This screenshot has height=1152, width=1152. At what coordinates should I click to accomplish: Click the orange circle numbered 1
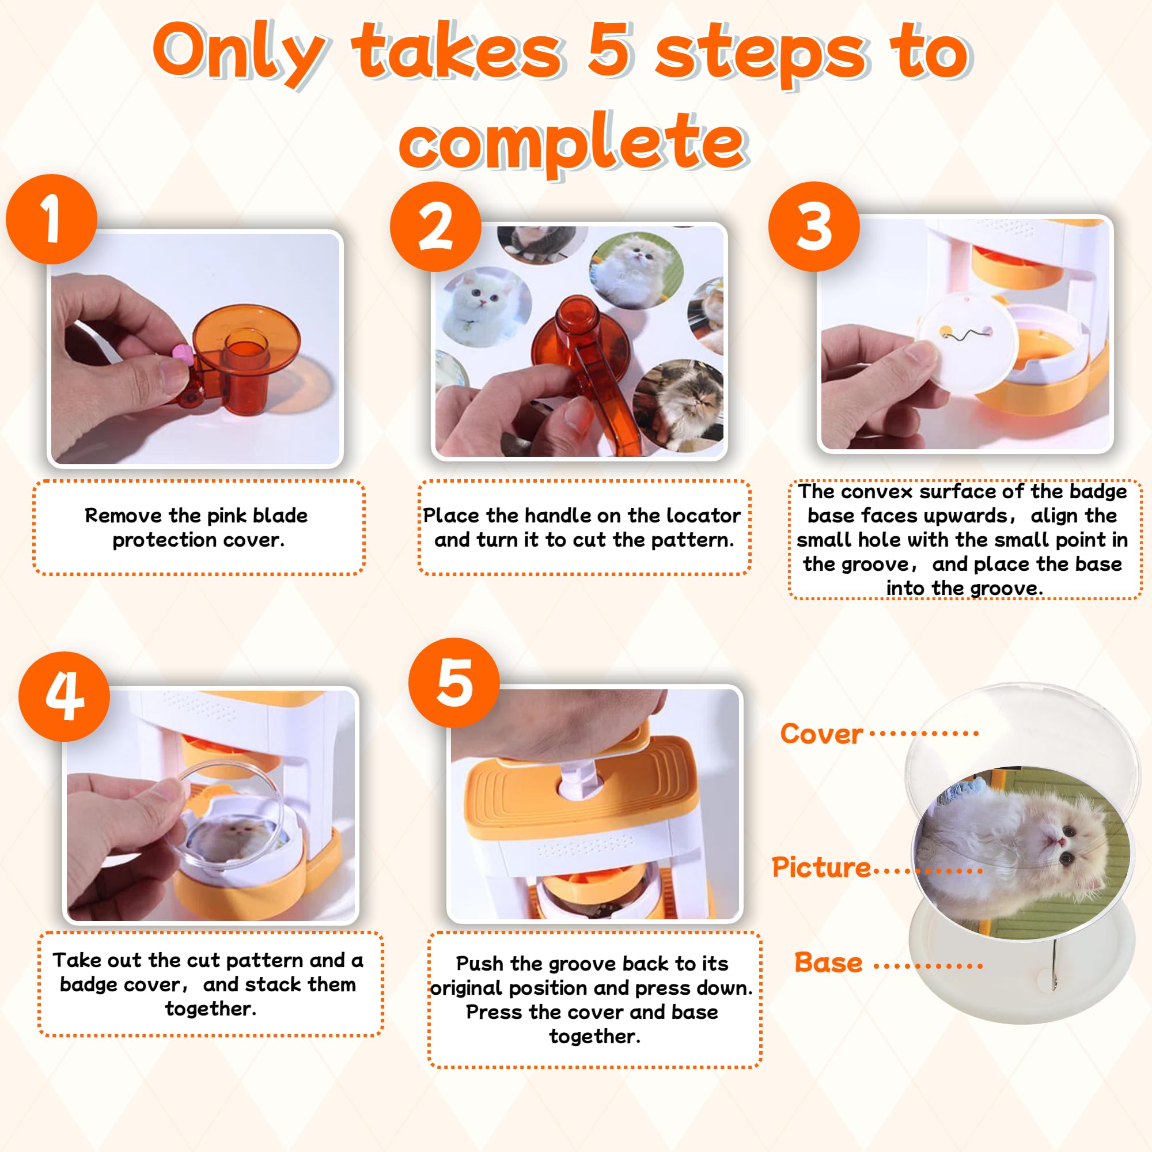point(51,219)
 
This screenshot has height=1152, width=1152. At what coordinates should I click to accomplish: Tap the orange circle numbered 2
point(435,226)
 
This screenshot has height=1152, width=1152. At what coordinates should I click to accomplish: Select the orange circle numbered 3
point(814,226)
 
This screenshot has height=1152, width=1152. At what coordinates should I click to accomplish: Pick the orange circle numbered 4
point(65,696)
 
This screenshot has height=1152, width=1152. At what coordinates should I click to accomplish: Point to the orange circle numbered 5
point(454,683)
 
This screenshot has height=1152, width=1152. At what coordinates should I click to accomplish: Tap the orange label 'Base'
point(829,962)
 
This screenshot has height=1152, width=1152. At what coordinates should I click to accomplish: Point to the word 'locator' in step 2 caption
point(704,515)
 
